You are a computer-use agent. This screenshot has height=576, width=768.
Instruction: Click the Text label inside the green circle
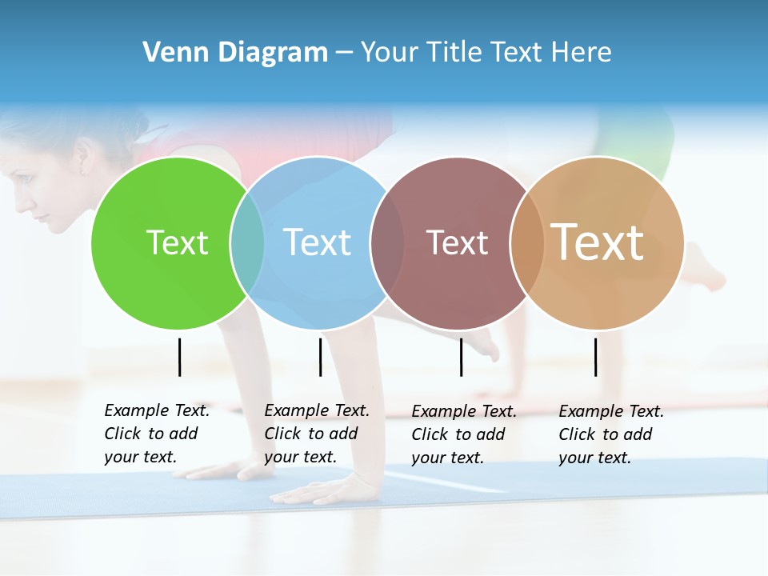[177, 242]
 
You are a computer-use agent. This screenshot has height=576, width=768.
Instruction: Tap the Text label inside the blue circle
[317, 242]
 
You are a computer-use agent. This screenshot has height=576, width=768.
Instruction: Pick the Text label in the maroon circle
[457, 242]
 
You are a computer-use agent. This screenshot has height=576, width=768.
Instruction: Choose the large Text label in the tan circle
[598, 242]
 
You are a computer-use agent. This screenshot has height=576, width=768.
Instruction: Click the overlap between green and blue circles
[247, 243]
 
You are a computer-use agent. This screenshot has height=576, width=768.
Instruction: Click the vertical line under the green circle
[180, 357]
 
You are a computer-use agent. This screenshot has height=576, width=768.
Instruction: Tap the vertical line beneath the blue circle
[320, 357]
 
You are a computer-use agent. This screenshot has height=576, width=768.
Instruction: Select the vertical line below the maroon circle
[461, 357]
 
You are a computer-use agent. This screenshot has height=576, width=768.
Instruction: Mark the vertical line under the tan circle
[595, 357]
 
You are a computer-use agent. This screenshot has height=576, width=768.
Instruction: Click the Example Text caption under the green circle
[156, 434]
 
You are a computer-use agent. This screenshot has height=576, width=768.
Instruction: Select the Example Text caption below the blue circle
[316, 434]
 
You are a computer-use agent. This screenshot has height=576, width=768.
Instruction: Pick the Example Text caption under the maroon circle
[463, 434]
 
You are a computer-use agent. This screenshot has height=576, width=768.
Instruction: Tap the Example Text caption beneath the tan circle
[610, 434]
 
